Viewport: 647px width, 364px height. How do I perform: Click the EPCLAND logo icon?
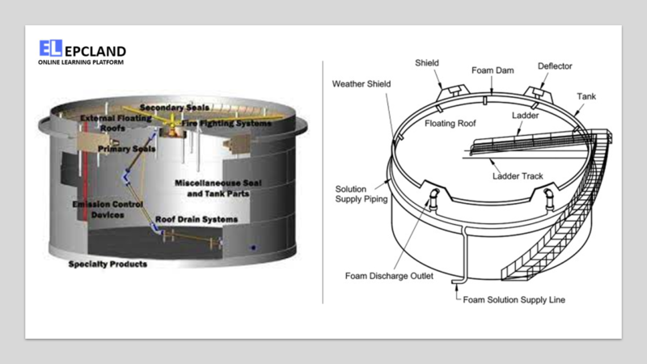tap(50, 49)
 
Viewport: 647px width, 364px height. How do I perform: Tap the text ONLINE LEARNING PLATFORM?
tap(81, 62)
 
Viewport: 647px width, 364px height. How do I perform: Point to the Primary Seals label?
tap(127, 149)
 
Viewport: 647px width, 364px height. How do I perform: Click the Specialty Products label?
tap(108, 265)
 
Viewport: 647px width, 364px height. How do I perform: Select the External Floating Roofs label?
tap(112, 123)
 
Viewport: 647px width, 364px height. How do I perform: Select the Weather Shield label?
tap(362, 83)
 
